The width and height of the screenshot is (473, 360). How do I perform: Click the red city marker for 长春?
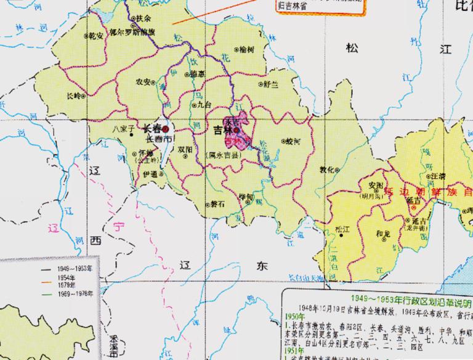[165, 130]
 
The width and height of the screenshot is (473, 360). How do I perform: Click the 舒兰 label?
[270, 84]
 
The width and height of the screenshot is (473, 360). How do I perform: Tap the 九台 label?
[204, 104]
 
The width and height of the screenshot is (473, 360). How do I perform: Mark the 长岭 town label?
[73, 96]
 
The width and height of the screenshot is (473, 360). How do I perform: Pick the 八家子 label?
[122, 129]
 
